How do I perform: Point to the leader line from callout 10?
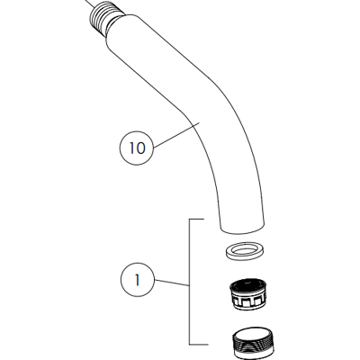[176, 135]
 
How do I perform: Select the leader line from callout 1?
[172, 283]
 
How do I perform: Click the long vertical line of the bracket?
[189, 282]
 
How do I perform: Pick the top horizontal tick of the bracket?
[197, 220]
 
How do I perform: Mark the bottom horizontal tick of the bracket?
[199, 344]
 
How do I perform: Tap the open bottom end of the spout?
[242, 229]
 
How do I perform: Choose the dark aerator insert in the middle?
[248, 295]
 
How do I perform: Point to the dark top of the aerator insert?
[248, 284]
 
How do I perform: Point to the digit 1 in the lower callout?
[138, 280]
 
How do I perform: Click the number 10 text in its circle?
[137, 148]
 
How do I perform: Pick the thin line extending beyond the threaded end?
[90, 4]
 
